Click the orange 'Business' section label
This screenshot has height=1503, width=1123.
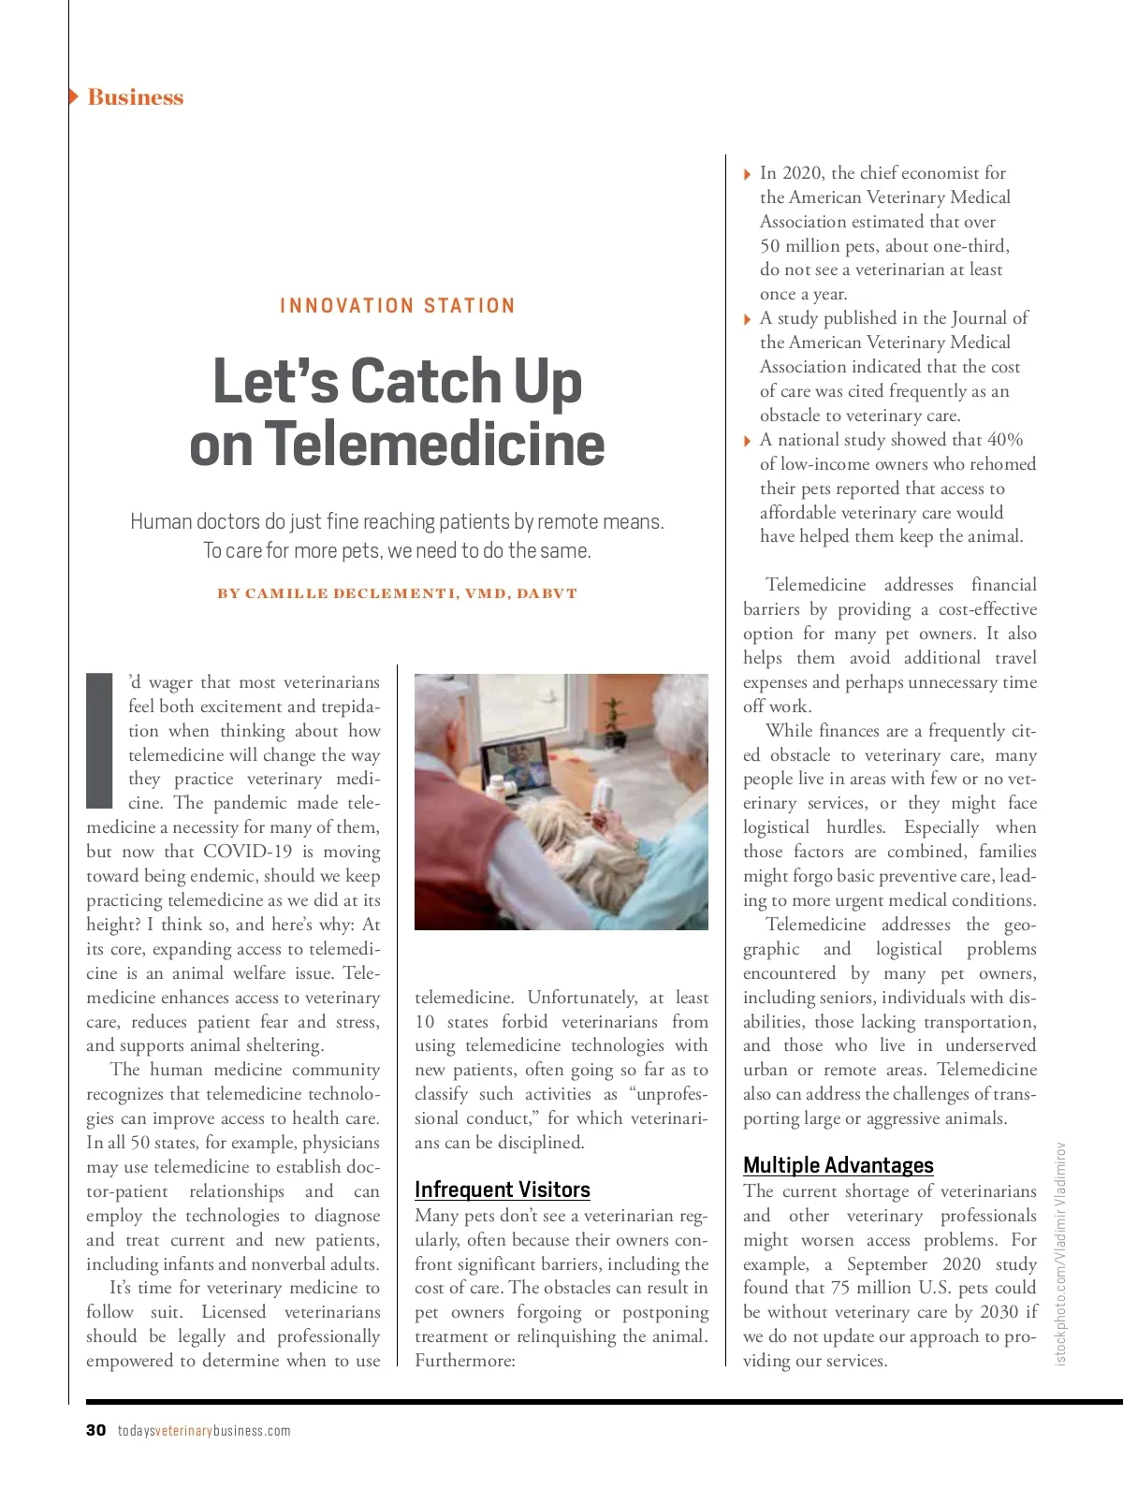point(135,97)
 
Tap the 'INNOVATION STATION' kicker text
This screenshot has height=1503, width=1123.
point(397,306)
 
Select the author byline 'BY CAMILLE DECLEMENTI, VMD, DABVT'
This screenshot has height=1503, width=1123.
point(397,593)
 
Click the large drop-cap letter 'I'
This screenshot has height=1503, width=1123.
point(99,739)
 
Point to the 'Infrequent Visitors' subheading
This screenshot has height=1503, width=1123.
point(503,1189)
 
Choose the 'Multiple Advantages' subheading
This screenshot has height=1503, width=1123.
point(839,1165)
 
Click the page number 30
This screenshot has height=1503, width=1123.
point(95,1430)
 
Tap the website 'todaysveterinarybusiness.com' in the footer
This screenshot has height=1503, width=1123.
point(204,1430)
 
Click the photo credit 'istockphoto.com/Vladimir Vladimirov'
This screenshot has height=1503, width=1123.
point(1060,1254)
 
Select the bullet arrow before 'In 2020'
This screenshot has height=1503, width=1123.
point(747,174)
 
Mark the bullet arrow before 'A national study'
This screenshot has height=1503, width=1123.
point(747,441)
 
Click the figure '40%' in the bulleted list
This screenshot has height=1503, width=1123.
point(1004,440)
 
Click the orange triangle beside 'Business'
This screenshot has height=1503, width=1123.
point(74,96)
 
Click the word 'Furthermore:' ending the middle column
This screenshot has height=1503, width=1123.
point(465,1361)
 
